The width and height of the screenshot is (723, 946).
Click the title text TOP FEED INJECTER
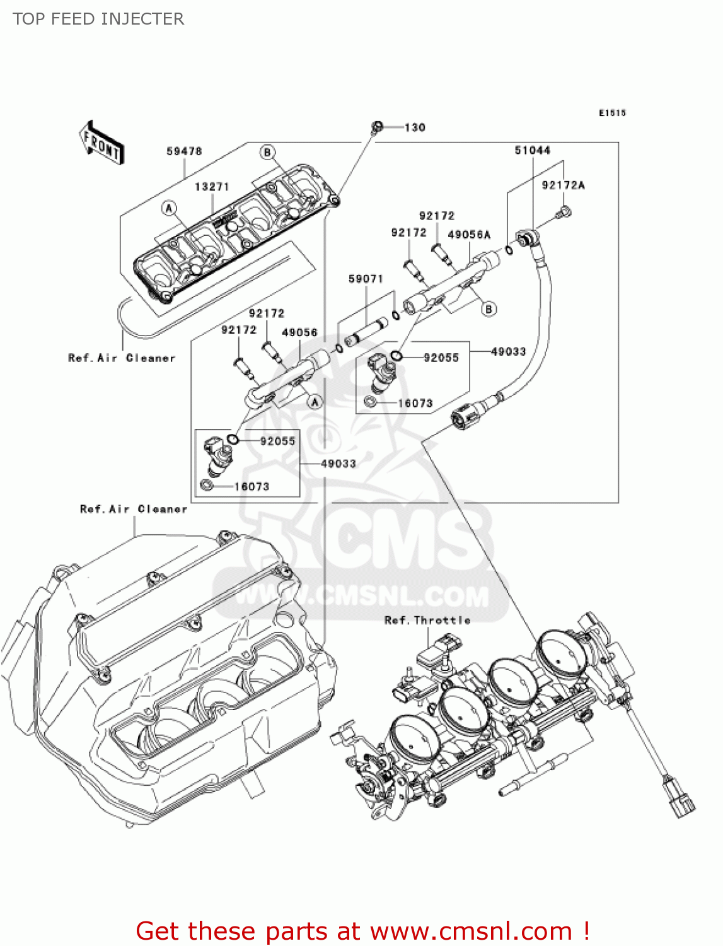coord(98,19)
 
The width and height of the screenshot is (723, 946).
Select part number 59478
coord(184,151)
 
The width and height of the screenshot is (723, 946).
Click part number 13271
coord(212,187)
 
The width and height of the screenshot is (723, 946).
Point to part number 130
coord(415,127)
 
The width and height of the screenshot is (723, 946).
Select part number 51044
coord(533,150)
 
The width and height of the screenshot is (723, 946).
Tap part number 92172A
coord(563,185)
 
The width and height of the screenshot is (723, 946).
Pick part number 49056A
coord(469,235)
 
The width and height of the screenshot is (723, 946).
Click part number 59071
coord(366,279)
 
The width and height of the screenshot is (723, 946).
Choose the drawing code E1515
coord(612,113)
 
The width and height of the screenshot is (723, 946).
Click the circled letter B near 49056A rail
coord(489,308)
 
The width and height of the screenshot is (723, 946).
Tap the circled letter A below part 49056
coord(315,401)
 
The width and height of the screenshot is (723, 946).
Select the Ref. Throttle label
coord(427,620)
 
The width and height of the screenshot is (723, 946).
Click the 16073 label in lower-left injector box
coord(252,486)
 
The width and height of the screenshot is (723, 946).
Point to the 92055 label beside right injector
coord(441,358)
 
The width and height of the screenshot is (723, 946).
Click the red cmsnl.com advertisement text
coord(362,931)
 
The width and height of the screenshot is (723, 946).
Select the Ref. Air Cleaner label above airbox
coord(134,509)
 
